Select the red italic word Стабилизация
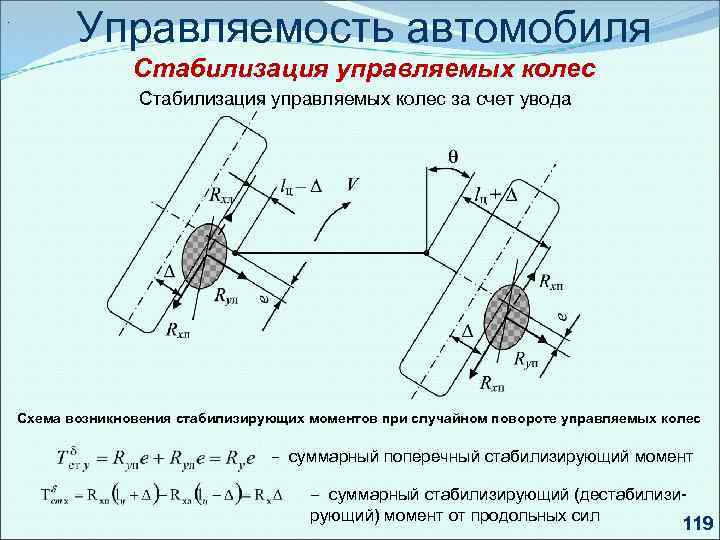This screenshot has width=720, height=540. pyautogui.click(x=230, y=70)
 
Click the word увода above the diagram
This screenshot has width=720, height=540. pyautogui.click(x=543, y=99)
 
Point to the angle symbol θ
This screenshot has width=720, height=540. pyautogui.click(x=451, y=157)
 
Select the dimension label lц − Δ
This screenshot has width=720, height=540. pyautogui.click(x=299, y=186)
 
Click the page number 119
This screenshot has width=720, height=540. pyautogui.click(x=693, y=523)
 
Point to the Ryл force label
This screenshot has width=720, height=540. pyautogui.click(x=227, y=296)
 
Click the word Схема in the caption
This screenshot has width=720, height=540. pyautogui.click(x=40, y=414)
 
